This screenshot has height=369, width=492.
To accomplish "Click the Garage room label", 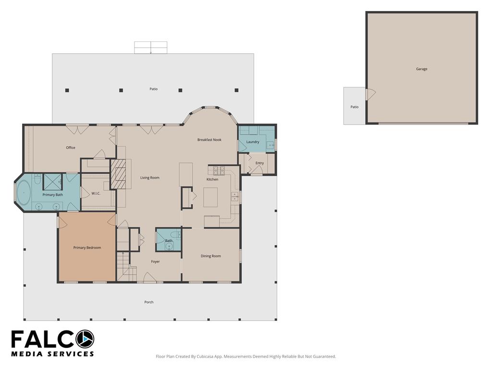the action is pyautogui.click(x=421, y=69).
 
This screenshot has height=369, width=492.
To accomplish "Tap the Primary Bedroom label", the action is pyautogui.click(x=87, y=247).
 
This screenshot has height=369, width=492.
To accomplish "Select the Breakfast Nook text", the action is pyautogui.click(x=209, y=140).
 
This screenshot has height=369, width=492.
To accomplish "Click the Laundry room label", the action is pyautogui.click(x=253, y=142).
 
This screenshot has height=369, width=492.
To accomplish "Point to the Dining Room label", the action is pyautogui.click(x=211, y=256).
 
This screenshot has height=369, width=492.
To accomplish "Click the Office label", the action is pyautogui.click(x=71, y=148).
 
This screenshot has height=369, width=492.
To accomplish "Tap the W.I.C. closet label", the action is pyautogui.click(x=96, y=193).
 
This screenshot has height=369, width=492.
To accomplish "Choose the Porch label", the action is pyautogui.click(x=149, y=302).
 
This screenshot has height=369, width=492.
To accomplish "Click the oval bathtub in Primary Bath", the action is pyautogui.click(x=23, y=192).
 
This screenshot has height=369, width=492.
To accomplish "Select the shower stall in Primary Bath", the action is pyautogui.click(x=53, y=182).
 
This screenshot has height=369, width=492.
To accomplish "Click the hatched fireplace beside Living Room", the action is pyautogui.click(x=118, y=174).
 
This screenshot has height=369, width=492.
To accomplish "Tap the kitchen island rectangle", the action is pyautogui.click(x=210, y=197).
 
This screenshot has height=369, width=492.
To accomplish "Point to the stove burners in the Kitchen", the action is pyautogui.click(x=219, y=171).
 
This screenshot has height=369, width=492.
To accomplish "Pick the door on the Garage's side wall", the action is pyautogui.click(x=370, y=94).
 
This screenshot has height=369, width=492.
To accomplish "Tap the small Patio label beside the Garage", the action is pyautogui.click(x=354, y=107).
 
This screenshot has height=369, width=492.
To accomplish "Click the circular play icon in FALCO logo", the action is pyautogui.click(x=85, y=339).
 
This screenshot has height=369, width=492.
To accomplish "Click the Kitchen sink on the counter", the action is pyautogui.click(x=234, y=197).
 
